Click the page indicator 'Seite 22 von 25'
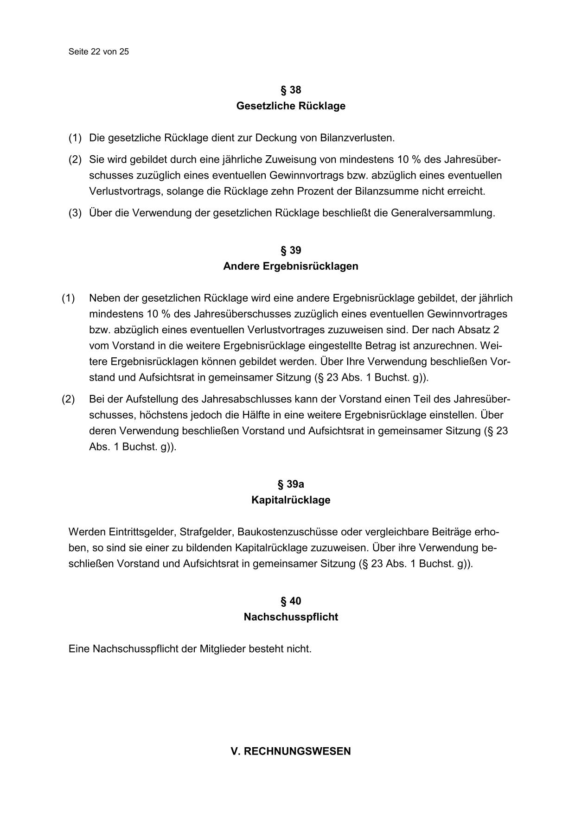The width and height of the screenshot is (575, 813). pos(98,51)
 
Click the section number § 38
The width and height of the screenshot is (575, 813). pos(291,90)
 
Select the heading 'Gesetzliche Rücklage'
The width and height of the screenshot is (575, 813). pos(291,106)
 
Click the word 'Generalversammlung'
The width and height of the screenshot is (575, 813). pos(442,213)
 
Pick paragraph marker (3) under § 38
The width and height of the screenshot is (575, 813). pos(75,213)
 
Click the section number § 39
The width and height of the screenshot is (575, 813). pos(291,250)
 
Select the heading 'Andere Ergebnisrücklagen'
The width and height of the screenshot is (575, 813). pos(291,266)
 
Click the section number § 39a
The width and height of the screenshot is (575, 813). pos(291,484)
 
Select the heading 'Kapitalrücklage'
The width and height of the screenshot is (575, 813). pos(291,500)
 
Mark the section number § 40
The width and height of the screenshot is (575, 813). pos(291,601)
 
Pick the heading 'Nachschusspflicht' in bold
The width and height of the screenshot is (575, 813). pos(291,617)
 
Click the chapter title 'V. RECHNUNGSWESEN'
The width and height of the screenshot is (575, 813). pos(291,751)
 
